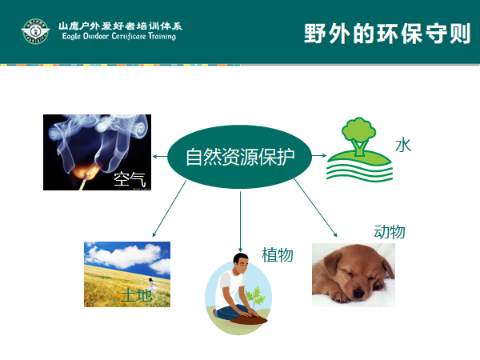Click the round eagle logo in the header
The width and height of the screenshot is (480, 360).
[x=35, y=31]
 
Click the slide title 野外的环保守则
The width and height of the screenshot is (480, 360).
[x=387, y=34]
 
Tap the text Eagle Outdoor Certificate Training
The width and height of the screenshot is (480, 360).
[x=119, y=36]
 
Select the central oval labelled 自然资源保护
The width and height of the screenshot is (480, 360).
[x=239, y=157]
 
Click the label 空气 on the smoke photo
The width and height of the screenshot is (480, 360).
[x=130, y=179]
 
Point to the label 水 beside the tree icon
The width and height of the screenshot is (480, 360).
[x=403, y=145]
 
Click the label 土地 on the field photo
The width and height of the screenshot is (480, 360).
[x=137, y=295]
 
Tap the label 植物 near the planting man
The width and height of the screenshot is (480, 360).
[x=278, y=254]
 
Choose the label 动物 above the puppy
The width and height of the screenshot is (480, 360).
[x=390, y=231]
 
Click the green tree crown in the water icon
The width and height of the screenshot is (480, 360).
[x=358, y=129]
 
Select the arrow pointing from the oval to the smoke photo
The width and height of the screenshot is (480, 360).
[x=160, y=157]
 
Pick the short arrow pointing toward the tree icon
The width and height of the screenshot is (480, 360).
[x=319, y=155]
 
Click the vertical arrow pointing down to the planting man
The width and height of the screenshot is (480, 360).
[x=240, y=222]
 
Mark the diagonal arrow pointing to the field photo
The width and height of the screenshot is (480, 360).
[x=170, y=209]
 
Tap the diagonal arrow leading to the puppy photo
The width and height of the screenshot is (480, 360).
[x=315, y=207]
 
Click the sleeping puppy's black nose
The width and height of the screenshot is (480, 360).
[x=358, y=294]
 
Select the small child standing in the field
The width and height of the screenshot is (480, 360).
[x=152, y=284]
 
